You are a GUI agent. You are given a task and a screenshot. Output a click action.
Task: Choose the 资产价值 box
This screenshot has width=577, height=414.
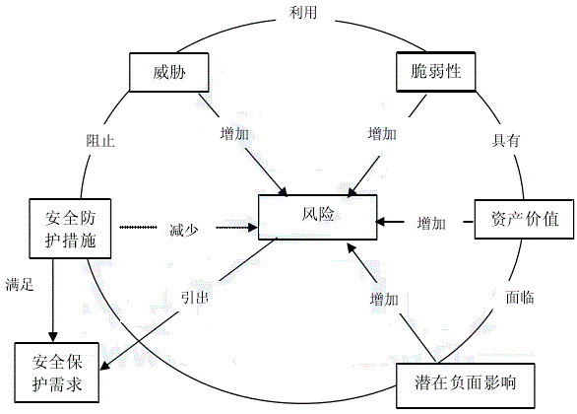tap(523, 220)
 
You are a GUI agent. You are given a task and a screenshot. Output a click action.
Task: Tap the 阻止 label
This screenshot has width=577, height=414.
tap(100, 141)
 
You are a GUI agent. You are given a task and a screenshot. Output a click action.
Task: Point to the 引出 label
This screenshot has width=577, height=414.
tap(195, 296)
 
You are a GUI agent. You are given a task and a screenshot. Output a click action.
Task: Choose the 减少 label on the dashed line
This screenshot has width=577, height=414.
tap(183, 229)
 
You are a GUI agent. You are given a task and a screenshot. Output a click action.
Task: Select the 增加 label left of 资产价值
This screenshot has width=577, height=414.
tap(430, 221)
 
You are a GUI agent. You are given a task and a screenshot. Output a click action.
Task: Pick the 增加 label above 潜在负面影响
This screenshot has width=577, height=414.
tap(384, 298)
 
